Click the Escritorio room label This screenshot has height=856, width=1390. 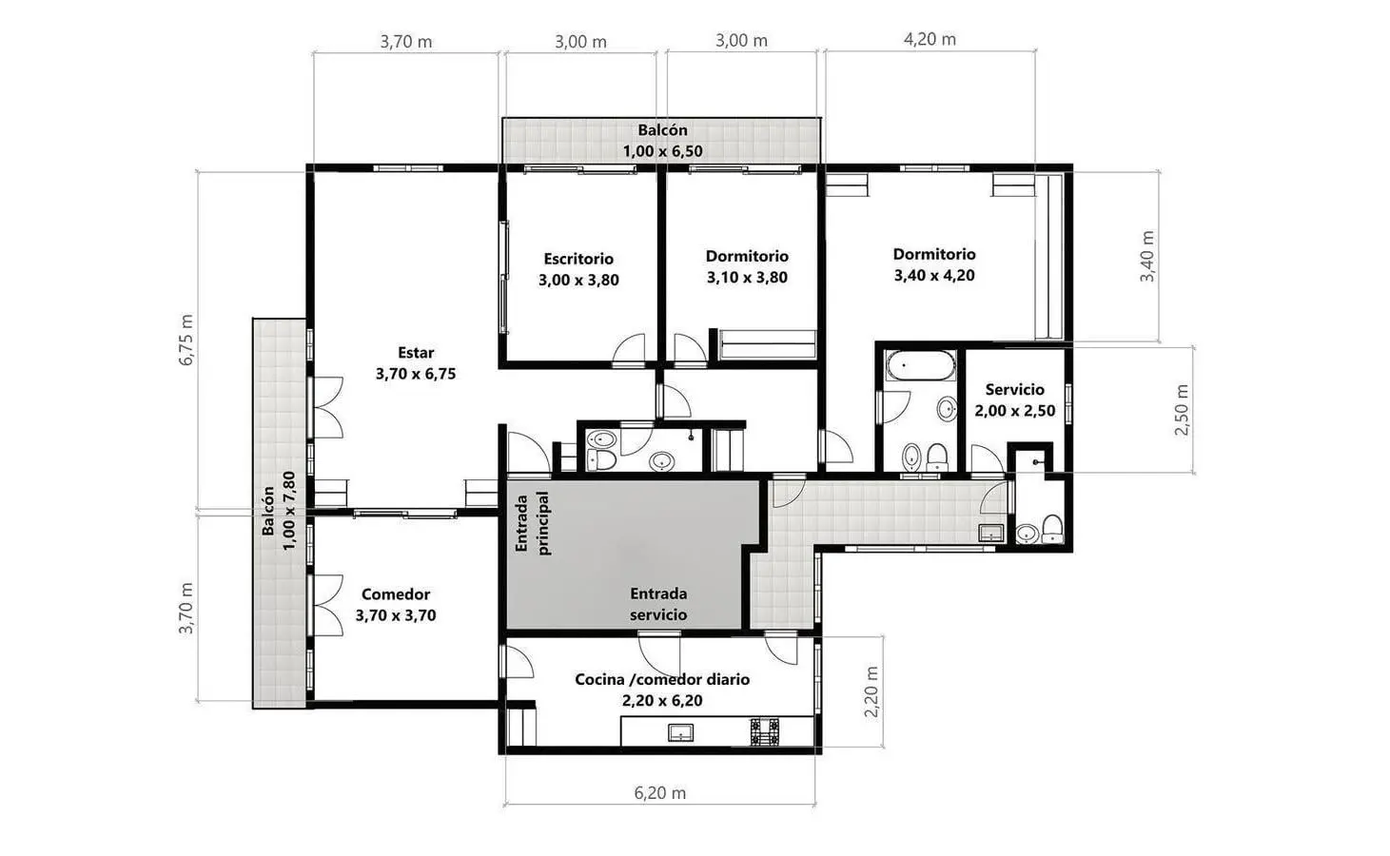click(578, 259)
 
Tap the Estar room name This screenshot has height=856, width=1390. click(416, 352)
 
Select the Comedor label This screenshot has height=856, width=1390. click(396, 594)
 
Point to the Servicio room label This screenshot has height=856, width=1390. click(1014, 390)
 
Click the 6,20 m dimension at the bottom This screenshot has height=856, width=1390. click(659, 792)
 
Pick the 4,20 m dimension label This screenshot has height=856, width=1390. click(930, 39)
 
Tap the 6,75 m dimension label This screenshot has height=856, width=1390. click(186, 340)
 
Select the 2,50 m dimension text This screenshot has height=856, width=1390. click(1182, 410)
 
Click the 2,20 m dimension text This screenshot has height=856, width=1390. click(871, 691)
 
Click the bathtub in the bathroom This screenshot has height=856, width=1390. click(920, 365)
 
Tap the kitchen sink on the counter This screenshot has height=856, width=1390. click(680, 732)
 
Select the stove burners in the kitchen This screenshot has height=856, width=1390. click(765, 732)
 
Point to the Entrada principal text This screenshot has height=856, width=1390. click(533, 523)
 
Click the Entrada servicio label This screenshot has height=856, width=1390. click(658, 604)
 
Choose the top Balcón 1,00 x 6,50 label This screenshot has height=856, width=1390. click(663, 141)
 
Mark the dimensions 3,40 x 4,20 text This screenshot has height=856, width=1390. click(934, 276)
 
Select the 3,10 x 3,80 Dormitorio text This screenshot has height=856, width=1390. click(747, 278)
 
